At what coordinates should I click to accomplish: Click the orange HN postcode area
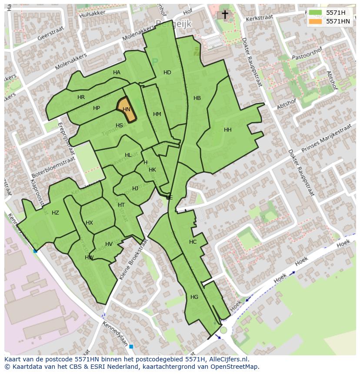(126, 109)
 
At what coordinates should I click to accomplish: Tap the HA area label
(117, 73)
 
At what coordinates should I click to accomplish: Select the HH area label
(227, 130)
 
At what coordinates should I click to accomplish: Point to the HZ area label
(55, 213)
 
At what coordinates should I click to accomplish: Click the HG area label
(194, 297)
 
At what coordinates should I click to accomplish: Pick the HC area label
(193, 242)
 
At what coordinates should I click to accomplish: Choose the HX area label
(89, 223)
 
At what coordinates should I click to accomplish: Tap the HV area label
(109, 244)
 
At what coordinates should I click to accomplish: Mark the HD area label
(167, 73)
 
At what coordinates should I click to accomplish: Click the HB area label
(197, 98)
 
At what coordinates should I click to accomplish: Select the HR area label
(81, 97)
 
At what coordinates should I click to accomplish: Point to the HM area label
(157, 114)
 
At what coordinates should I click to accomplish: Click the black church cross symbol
(225, 15)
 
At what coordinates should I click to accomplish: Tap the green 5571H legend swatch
(315, 13)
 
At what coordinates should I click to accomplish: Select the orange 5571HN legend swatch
(315, 21)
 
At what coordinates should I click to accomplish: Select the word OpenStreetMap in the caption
(235, 367)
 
